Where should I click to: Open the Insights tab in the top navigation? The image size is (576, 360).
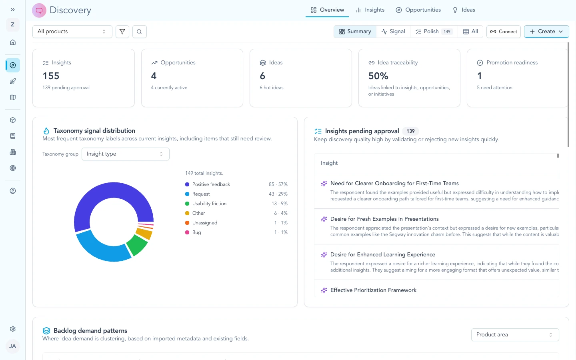370,10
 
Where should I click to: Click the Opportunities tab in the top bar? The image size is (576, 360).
418,10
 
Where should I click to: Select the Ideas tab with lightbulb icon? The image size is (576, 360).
464,10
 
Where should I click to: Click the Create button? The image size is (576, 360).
546,32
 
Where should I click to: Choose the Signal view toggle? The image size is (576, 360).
393,32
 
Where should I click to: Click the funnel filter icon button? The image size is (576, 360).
122,32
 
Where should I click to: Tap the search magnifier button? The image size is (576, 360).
139,32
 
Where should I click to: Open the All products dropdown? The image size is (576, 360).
72,32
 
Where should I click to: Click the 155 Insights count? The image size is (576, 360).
51,76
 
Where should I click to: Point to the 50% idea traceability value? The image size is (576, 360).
378,76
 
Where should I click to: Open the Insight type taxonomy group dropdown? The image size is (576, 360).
125,154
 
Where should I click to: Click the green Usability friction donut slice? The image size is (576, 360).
137,245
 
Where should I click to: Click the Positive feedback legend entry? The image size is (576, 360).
211,184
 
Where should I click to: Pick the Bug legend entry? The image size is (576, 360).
196,232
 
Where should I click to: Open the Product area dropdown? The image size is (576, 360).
514,335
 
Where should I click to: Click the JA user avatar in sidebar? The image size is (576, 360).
13,346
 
